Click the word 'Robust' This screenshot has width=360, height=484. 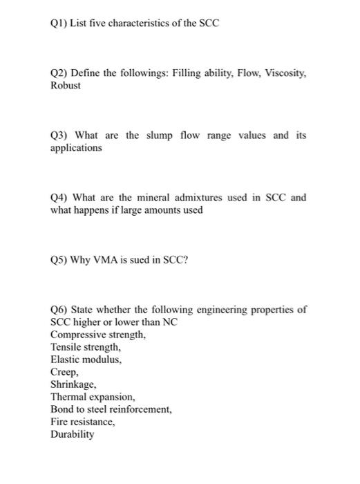click(x=66, y=86)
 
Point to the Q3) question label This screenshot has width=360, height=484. click(x=59, y=135)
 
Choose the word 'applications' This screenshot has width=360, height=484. click(x=76, y=148)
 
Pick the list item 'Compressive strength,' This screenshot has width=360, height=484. click(x=98, y=335)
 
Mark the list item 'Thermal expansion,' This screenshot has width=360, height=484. click(x=93, y=397)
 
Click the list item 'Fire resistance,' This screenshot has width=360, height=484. click(x=83, y=422)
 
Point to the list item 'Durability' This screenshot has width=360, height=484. click(x=73, y=434)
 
